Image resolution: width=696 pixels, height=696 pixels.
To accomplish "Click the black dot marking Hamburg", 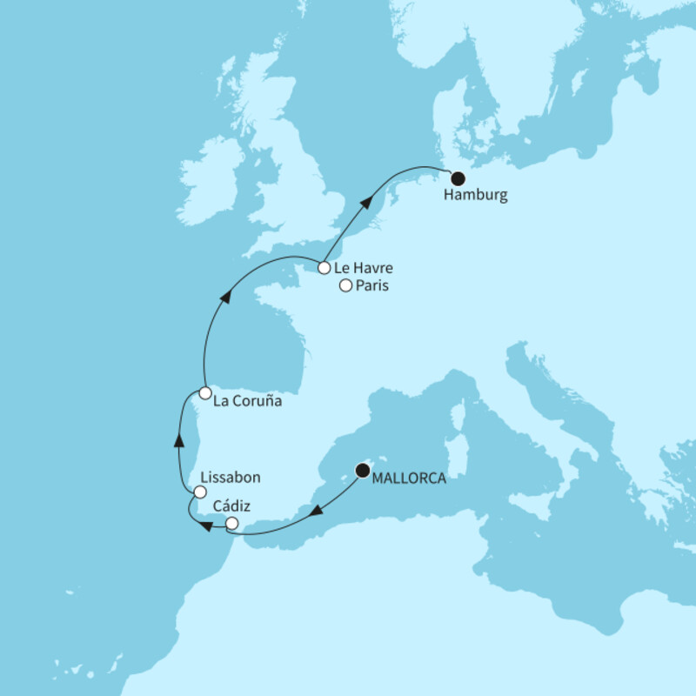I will pos(458,177).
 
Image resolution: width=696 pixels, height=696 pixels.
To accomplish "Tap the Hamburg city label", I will pos(475,196).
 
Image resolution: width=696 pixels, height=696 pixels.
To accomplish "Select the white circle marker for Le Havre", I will pos(323,268).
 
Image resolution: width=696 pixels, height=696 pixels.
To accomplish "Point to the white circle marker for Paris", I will pos(345,286).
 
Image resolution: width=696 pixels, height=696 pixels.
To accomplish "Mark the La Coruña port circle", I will pos(204,393).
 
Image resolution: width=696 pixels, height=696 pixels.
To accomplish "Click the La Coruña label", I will pos(249,404).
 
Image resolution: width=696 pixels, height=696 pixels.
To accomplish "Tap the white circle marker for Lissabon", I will pos(201,493).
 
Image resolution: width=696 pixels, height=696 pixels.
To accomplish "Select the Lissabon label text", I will pos(231,478).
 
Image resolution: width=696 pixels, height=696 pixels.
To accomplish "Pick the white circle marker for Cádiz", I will pos(231,523).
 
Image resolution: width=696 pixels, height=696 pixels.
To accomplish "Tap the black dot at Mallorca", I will pos(362,471).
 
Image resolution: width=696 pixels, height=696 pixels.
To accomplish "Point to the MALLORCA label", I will pos(409,479).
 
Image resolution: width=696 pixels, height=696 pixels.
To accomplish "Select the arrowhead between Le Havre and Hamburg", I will pos(368,203).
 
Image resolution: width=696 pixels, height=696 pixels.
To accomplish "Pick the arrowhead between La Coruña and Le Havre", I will pos(224,298).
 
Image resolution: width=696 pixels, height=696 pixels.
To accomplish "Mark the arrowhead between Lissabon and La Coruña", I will pos(177,439).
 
